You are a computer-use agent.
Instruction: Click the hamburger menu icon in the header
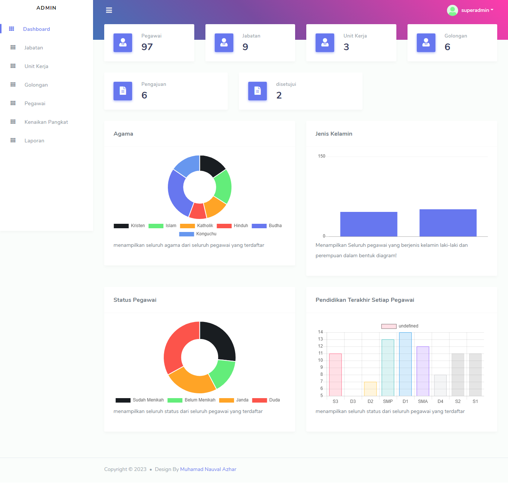(x=109, y=10)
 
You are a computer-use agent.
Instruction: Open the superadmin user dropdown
(x=471, y=10)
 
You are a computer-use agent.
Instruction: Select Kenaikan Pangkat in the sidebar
(x=46, y=122)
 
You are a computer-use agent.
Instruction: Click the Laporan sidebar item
(x=34, y=141)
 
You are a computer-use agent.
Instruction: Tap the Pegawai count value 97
(x=147, y=47)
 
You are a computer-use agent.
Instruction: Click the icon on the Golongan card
(x=426, y=43)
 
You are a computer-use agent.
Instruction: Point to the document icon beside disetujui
(x=258, y=91)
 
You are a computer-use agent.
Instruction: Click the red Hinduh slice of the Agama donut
(x=198, y=211)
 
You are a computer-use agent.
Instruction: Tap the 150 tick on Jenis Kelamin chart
(x=322, y=156)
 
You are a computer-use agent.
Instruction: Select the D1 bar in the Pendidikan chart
(x=405, y=364)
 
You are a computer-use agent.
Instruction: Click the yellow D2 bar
(x=370, y=389)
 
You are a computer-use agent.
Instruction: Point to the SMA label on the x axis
(x=423, y=401)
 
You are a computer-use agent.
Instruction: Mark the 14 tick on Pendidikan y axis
(x=320, y=332)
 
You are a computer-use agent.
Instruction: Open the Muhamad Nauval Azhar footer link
(x=208, y=469)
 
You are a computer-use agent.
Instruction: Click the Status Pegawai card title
(x=135, y=300)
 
